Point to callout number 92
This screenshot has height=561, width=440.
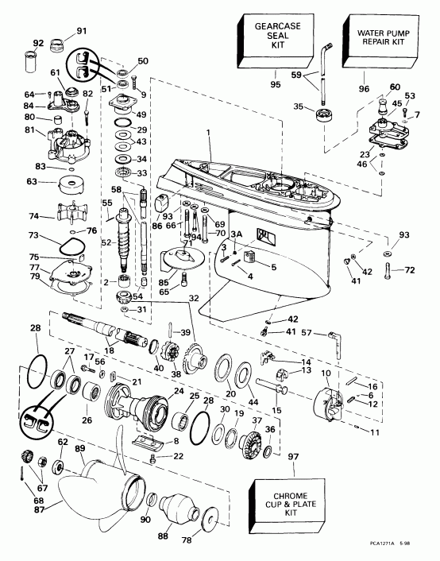click(x=37, y=43)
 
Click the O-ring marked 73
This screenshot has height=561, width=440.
click(x=75, y=238)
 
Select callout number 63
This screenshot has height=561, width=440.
click(x=33, y=182)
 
